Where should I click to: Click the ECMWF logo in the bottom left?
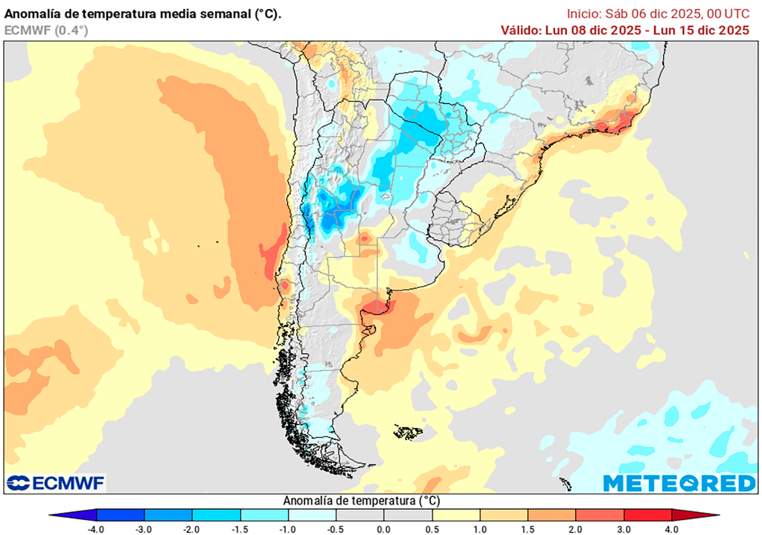point(56,483)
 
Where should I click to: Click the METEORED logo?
point(679,483)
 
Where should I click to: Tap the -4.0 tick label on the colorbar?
point(96,529)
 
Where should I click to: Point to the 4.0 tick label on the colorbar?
point(672,529)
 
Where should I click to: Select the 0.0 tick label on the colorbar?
point(384,529)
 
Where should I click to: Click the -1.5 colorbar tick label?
point(240,529)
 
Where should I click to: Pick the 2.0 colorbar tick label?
point(576,529)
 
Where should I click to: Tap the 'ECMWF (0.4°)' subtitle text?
point(46,30)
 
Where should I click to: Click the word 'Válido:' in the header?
point(524,30)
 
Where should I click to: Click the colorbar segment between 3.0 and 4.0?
point(647,515)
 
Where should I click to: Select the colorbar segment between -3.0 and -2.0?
point(168,515)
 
